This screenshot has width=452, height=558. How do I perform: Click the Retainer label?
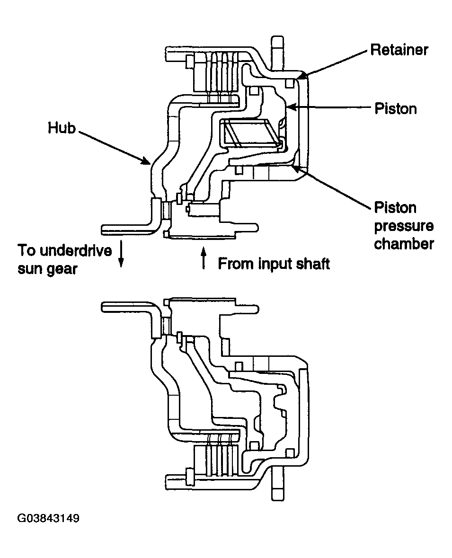click(x=399, y=50)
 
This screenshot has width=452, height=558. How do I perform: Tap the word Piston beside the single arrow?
click(x=395, y=108)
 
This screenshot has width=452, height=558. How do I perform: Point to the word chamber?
click(x=404, y=244)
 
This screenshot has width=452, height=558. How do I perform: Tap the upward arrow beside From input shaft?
click(x=204, y=258)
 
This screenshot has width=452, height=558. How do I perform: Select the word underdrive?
click(x=75, y=250)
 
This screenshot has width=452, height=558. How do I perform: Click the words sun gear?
click(x=47, y=269)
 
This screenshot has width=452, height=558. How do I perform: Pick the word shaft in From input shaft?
click(x=313, y=264)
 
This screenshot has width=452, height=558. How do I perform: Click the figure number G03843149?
click(x=48, y=518)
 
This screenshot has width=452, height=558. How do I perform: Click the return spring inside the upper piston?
click(x=249, y=133)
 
